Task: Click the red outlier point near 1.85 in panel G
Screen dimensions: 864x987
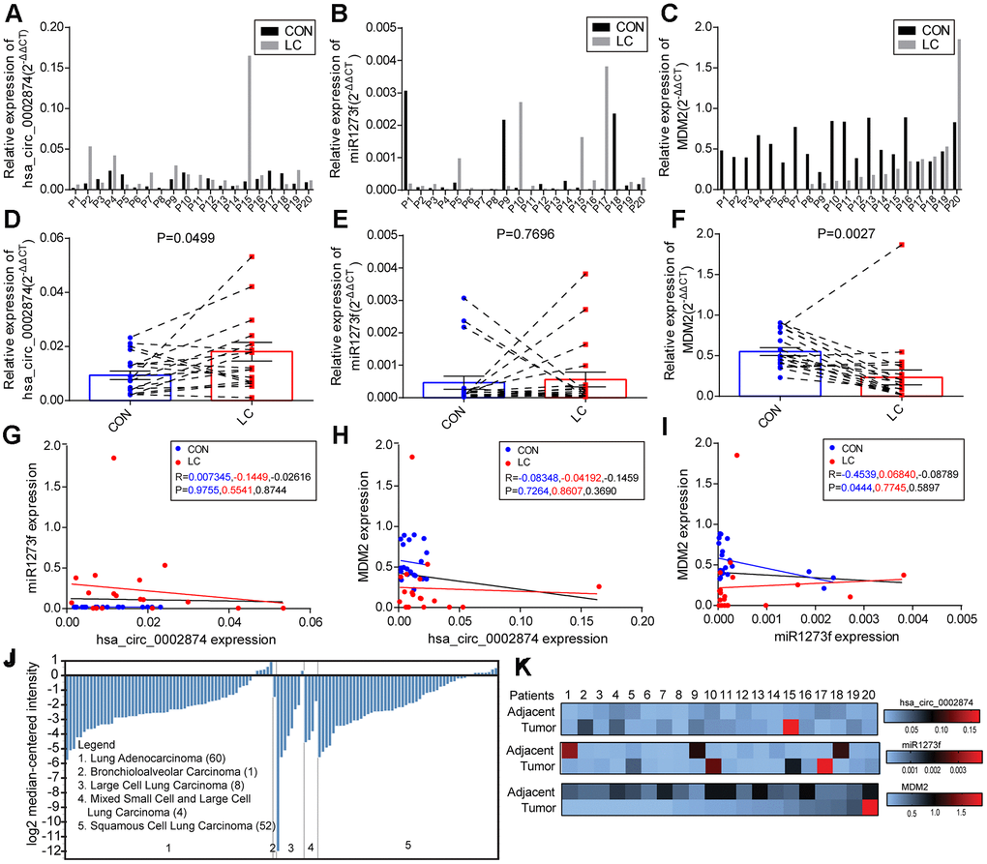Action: [x=113, y=458]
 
